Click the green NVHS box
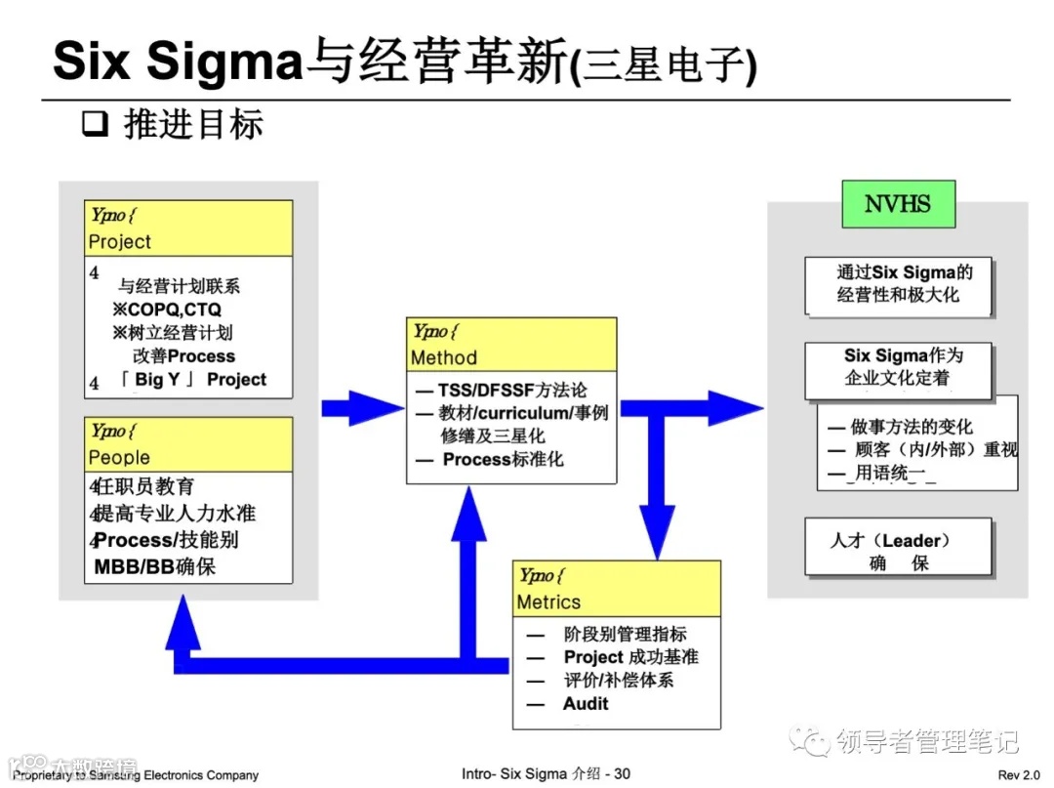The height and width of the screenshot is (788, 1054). (x=898, y=204)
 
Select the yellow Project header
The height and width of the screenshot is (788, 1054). (x=188, y=228)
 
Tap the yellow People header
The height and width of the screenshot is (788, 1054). (x=188, y=444)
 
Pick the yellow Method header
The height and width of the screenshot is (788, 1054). (x=511, y=345)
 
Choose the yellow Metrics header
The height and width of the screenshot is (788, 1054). (x=617, y=589)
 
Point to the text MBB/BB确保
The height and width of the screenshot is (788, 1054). (x=155, y=566)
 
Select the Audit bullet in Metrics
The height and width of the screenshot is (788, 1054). (x=585, y=704)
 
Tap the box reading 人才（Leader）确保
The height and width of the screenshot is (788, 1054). (x=898, y=551)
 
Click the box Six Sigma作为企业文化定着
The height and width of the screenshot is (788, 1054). (x=898, y=367)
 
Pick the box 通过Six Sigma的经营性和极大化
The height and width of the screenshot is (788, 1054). (x=898, y=283)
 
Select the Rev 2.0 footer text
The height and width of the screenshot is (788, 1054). (x=1019, y=775)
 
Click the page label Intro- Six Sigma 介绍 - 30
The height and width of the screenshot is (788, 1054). (x=546, y=774)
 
